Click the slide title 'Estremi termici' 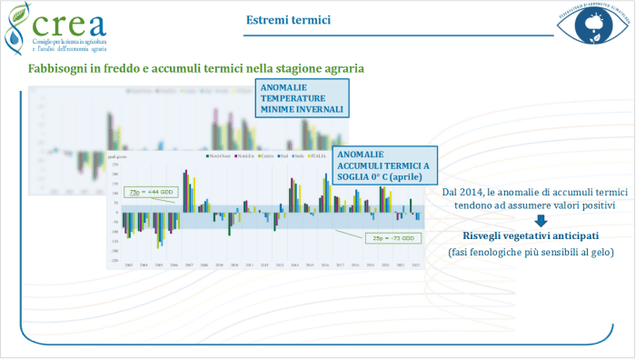click(x=288, y=20)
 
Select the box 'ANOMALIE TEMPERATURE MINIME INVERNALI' click(x=302, y=98)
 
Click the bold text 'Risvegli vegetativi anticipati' click(x=515, y=235)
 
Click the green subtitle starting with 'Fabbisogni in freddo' click(x=196, y=69)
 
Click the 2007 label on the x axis click(x=188, y=265)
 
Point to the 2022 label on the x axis click(x=417, y=265)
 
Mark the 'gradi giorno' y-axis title click(x=118, y=156)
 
